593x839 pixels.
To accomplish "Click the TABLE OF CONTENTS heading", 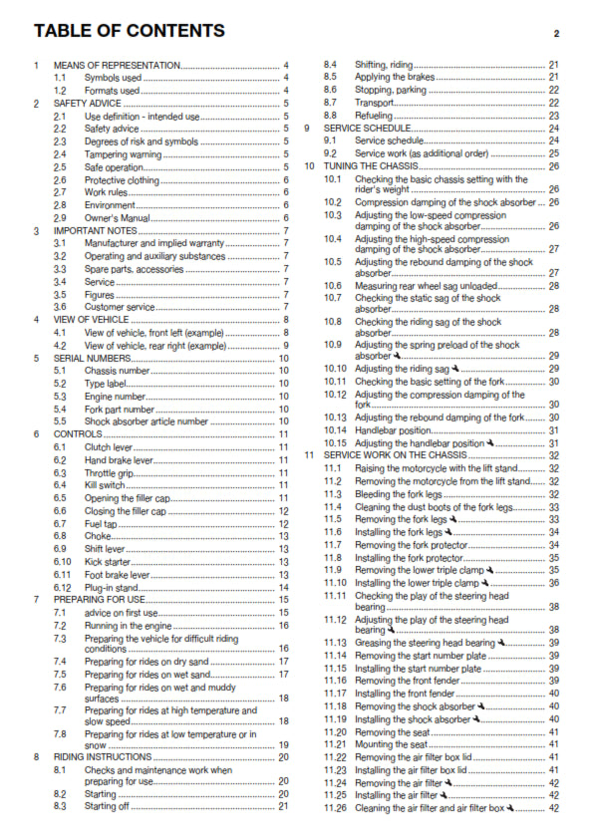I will point(128,31).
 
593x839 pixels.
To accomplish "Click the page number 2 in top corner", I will point(556,33).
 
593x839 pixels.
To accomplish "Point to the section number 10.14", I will point(336,429).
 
